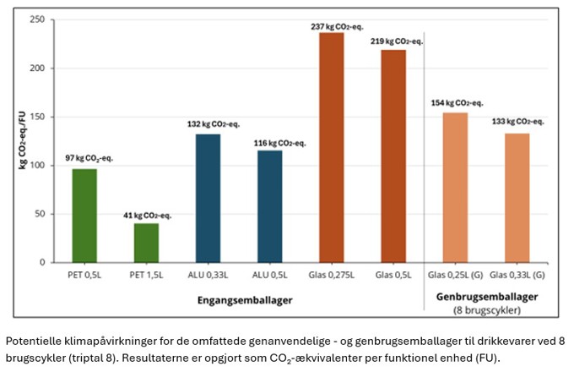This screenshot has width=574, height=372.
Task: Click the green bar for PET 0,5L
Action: tap(84, 216)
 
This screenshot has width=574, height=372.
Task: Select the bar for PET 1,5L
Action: tap(146, 243)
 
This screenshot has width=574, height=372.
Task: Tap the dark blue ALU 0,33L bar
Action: tap(208, 199)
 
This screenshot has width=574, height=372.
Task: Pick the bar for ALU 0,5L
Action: tap(270, 206)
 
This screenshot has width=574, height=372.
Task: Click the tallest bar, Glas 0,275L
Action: tap(332, 148)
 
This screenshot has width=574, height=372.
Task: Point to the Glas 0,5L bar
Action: tap(393, 156)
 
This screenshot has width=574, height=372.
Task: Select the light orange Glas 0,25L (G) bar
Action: tap(455, 188)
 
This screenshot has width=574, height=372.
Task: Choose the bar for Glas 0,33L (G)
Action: tap(517, 198)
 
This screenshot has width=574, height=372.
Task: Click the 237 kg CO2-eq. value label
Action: tap(337, 27)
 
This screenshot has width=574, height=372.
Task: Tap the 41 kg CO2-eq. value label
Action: tap(147, 216)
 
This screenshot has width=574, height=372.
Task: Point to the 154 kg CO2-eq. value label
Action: tap(457, 103)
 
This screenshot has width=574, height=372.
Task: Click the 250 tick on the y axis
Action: tap(37, 19)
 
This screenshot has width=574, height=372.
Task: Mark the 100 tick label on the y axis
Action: tap(37, 166)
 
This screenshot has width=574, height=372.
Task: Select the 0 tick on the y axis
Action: tap(42, 262)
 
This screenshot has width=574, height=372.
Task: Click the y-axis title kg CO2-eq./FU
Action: tap(22, 139)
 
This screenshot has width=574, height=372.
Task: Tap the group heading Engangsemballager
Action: tap(245, 300)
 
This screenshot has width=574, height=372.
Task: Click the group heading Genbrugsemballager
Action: tap(487, 297)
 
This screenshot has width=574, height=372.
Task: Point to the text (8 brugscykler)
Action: tap(487, 310)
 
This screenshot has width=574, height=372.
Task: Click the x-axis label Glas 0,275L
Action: tap(331, 275)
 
